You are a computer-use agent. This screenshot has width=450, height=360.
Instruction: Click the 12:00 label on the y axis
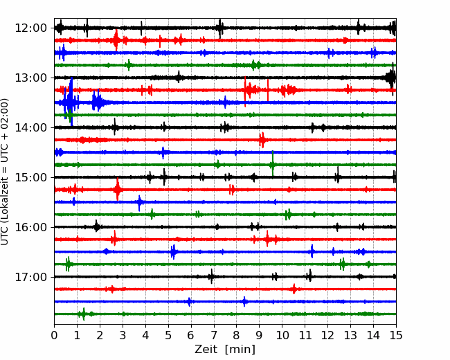coord(30,28)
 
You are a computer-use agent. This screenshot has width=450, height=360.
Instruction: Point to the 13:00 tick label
coord(30,78)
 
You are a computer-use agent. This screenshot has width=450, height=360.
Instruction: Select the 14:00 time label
coord(30,127)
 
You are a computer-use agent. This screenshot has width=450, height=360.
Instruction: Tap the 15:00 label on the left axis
coord(30,177)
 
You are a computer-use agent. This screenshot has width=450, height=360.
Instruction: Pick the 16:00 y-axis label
coord(30,227)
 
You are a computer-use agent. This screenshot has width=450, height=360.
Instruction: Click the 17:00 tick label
coord(30,277)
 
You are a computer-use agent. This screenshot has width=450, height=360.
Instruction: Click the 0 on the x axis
coord(54,335)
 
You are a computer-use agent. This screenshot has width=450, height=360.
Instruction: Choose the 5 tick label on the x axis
coord(168,335)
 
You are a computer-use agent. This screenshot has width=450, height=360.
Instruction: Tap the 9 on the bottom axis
coord(259,335)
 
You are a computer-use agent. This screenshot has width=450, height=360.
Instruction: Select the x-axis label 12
coord(327,335)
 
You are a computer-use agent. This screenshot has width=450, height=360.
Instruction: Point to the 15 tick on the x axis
coord(396,335)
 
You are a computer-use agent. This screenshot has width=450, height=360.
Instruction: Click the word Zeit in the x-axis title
coord(205,349)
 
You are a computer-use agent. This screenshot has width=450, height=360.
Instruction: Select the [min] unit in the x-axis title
coord(240,350)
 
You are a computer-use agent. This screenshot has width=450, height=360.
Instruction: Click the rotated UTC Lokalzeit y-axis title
coord(4,172)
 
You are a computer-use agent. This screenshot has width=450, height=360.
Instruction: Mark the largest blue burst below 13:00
coord(71,102)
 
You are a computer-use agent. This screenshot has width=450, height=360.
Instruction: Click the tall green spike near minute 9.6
coord(273,163)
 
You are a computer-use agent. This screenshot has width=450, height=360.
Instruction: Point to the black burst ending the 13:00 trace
coord(391,78)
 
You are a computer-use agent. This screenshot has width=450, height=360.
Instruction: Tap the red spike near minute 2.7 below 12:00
coord(116,40)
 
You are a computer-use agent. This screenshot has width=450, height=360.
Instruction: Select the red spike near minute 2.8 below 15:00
coord(118,189)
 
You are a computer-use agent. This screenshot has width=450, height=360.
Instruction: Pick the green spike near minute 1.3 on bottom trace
coord(84,314)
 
